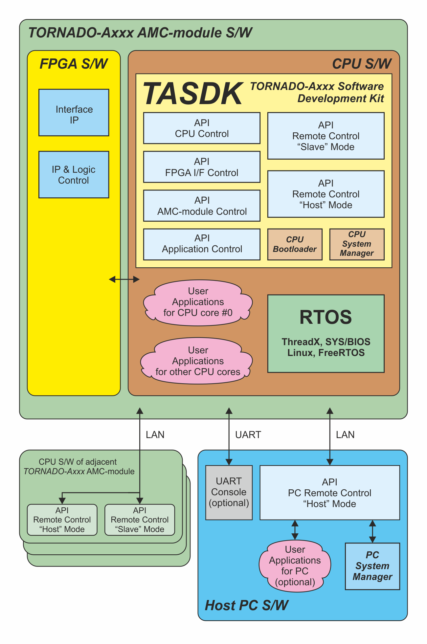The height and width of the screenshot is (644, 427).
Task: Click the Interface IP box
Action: pyautogui.click(x=74, y=113)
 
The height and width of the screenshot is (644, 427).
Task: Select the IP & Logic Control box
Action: pyautogui.click(x=74, y=175)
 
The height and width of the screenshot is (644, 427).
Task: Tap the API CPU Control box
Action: pyautogui.click(x=202, y=128)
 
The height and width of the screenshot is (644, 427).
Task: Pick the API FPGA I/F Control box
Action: pyautogui.click(x=202, y=167)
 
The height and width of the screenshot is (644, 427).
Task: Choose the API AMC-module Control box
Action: pyautogui.click(x=202, y=206)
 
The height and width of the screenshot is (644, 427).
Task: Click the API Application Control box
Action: pyautogui.click(x=202, y=244)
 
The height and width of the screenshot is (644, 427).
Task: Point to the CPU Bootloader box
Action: pyautogui.click(x=295, y=244)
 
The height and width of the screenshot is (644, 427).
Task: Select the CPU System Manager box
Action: pyautogui.click(x=357, y=244)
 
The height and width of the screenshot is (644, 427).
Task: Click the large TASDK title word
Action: pyautogui.click(x=193, y=94)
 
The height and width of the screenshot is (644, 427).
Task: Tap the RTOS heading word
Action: pyautogui.click(x=326, y=317)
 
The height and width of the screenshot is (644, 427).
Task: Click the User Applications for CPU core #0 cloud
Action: pyautogui.click(x=198, y=302)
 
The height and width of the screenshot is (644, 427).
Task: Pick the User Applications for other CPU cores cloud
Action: pyautogui.click(x=198, y=361)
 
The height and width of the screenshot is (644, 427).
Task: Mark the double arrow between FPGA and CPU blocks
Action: pyautogui.click(x=124, y=279)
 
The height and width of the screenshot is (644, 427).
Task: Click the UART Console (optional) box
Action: pyautogui.click(x=229, y=492)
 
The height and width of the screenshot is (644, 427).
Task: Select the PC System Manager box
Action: pyautogui.click(x=372, y=566)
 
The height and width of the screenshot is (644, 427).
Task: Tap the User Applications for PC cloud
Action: pyautogui.click(x=295, y=566)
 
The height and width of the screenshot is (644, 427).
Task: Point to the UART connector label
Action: pyautogui.click(x=248, y=435)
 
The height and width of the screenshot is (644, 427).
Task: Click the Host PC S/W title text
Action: pyautogui.click(x=246, y=605)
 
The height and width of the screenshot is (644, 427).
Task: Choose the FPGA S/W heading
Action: pyautogui.click(x=73, y=64)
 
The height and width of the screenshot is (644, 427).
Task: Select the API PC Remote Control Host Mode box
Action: pyautogui.click(x=329, y=493)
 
